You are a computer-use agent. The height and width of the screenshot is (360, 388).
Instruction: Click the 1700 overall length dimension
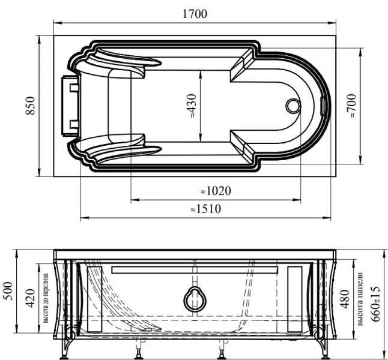click(195, 14)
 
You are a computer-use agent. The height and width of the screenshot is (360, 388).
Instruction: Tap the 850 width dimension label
click(30, 106)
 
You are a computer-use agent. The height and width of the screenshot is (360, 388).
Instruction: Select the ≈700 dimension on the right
click(351, 106)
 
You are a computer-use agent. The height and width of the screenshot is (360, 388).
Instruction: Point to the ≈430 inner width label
click(192, 106)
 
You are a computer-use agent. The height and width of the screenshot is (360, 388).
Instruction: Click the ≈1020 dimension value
click(216, 191)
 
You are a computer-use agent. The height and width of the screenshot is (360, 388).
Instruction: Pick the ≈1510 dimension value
click(205, 209)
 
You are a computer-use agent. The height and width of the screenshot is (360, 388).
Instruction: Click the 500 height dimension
click(8, 291)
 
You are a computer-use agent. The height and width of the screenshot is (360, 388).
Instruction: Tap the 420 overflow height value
click(30, 298)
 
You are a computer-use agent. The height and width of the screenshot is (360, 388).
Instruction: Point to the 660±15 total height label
click(375, 304)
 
